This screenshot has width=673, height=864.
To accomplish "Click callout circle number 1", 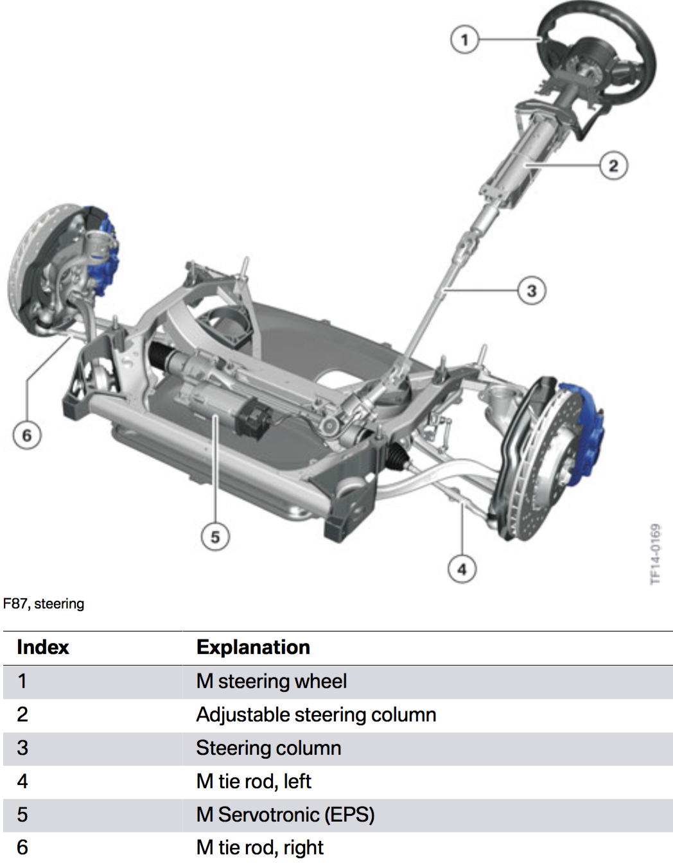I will coord(464,40).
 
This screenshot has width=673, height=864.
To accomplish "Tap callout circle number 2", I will coord(613,166).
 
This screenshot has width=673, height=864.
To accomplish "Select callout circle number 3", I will coord(532,291).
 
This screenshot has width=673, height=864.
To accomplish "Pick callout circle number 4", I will coord(462,569).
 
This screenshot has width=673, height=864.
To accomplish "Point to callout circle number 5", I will coord(215,537).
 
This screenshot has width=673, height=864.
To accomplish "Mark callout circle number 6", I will coord(26,435).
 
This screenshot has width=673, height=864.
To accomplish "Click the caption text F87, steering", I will coord(44,603).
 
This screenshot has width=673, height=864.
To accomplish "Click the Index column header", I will coord(42,647).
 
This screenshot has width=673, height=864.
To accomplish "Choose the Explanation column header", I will coord(253,647).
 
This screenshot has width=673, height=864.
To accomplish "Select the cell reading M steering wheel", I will coord(271,681).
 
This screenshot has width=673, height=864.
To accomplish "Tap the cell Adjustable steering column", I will coord(316,714).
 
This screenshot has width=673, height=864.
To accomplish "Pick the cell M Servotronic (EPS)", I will coord(285,815).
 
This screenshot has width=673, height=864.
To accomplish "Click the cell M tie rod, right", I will coord(259,848).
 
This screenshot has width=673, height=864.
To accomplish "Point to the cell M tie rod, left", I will coord(253,781).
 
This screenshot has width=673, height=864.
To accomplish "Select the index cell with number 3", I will coord(22,748).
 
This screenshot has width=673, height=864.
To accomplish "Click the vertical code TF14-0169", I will coord(655,554).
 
